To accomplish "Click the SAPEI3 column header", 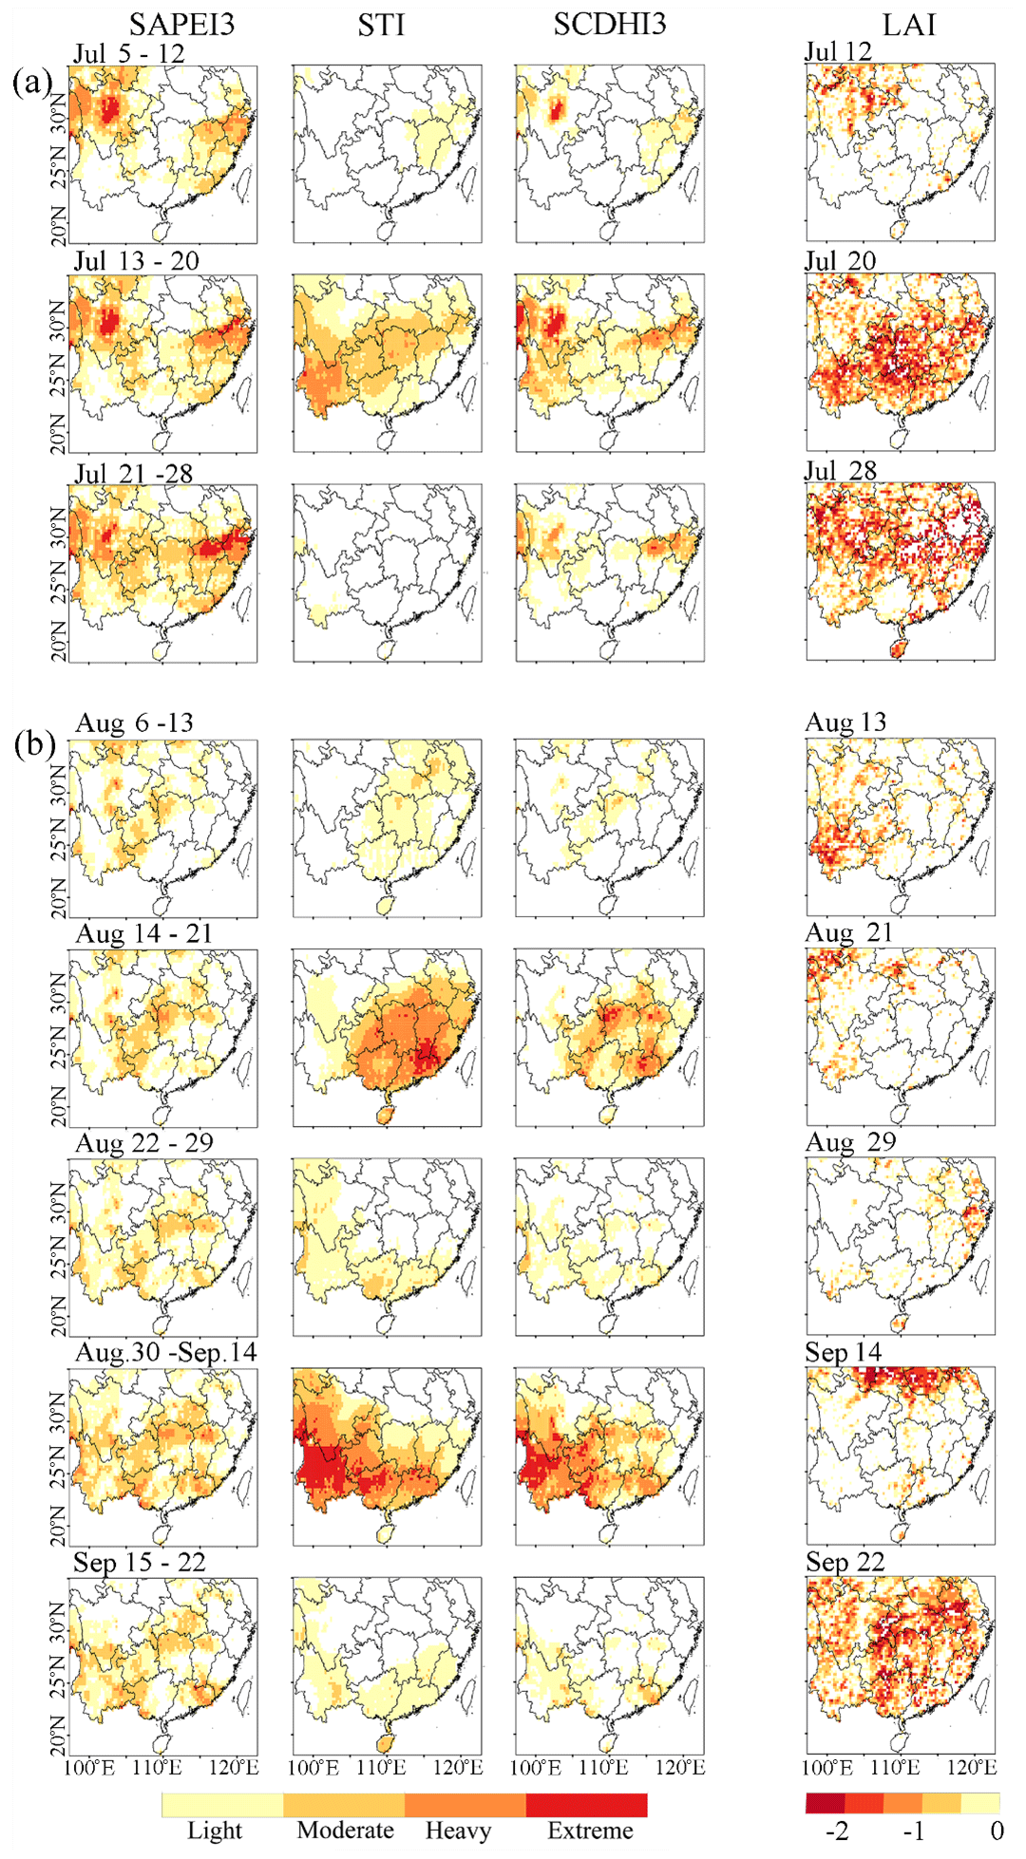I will point(181,25).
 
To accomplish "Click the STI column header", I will point(381,26).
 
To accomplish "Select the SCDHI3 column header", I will point(610,25).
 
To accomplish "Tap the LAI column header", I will point(909,25).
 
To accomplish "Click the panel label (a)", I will point(32,83).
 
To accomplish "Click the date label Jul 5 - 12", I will point(129,53).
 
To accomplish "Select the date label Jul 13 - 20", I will point(137,261).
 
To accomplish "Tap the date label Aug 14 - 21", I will point(144,934).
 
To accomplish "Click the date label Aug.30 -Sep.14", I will point(166,1352).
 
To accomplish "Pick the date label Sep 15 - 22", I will point(140,1563).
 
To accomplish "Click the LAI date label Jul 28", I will point(841,471).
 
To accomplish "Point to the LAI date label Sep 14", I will point(844,1352).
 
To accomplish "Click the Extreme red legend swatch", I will point(586,1805).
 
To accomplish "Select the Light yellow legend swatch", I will point(222,1805).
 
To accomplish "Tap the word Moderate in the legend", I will point(345,1831).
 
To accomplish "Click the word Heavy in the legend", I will point(458,1831).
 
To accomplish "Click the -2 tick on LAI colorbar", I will point(837,1831).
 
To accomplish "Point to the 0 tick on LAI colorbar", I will point(997,1831).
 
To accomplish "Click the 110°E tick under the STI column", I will point(381,1768).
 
